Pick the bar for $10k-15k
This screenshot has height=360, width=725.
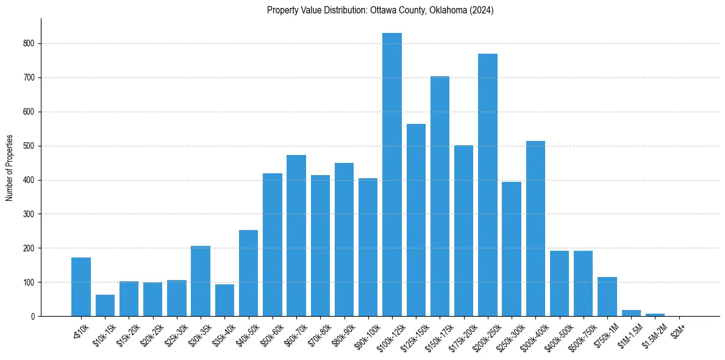click(105, 306)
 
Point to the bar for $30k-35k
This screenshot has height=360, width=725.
click(201, 281)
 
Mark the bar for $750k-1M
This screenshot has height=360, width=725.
click(607, 297)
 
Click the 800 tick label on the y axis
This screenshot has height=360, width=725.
click(30, 44)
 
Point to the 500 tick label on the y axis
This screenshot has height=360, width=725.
click(30, 146)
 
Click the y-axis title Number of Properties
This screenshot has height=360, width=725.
click(9, 168)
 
